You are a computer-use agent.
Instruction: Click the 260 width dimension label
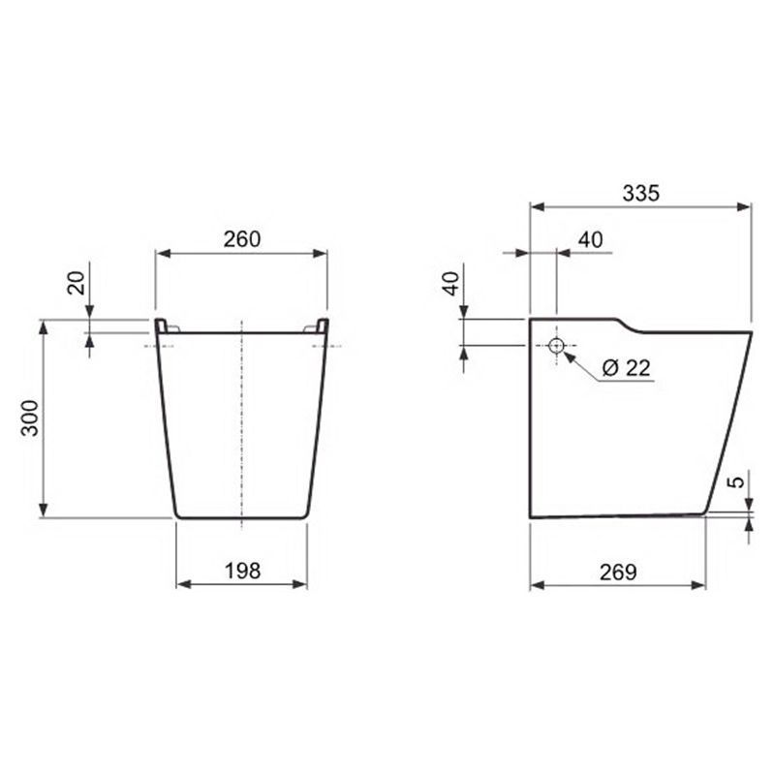[241, 239]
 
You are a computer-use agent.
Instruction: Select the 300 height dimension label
[30, 418]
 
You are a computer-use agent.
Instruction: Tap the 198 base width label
[242, 571]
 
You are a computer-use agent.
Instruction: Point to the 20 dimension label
[77, 283]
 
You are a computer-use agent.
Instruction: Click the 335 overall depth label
[640, 193]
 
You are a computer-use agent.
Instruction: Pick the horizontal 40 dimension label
[591, 239]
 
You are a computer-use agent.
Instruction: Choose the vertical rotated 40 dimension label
[451, 284]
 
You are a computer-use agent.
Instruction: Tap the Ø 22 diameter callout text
[627, 368]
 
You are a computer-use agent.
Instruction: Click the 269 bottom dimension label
[618, 573]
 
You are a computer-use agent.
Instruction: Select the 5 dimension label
[736, 481]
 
